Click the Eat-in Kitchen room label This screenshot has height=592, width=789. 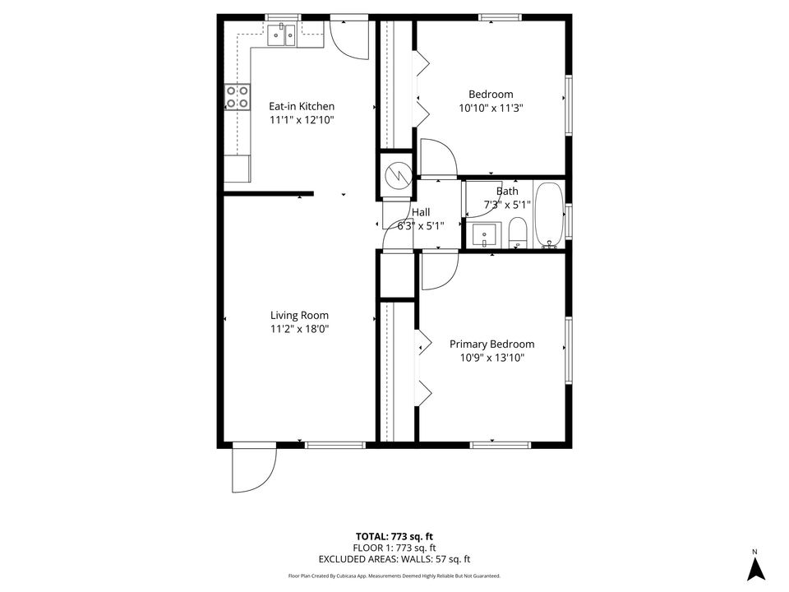pyautogui.click(x=302, y=106)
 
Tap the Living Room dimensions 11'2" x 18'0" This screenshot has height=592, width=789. pyautogui.click(x=299, y=329)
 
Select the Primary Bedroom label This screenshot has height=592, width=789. pyautogui.click(x=491, y=345)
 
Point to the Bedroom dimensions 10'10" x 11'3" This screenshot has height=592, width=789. pyautogui.click(x=491, y=108)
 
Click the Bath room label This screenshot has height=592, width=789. pyautogui.click(x=507, y=192)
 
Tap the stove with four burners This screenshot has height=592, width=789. pyautogui.click(x=238, y=97)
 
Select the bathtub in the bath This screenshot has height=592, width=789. pyautogui.click(x=547, y=215)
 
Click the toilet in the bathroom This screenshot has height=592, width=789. pyautogui.click(x=517, y=233)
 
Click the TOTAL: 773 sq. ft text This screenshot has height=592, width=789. pyautogui.click(x=394, y=535)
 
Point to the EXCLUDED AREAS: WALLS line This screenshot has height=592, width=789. pyautogui.click(x=394, y=559)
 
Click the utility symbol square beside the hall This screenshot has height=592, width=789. pyautogui.click(x=396, y=174)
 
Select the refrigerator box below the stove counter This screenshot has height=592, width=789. pyautogui.click(x=237, y=169)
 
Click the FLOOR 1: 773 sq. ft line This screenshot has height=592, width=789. pyautogui.click(x=394, y=548)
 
